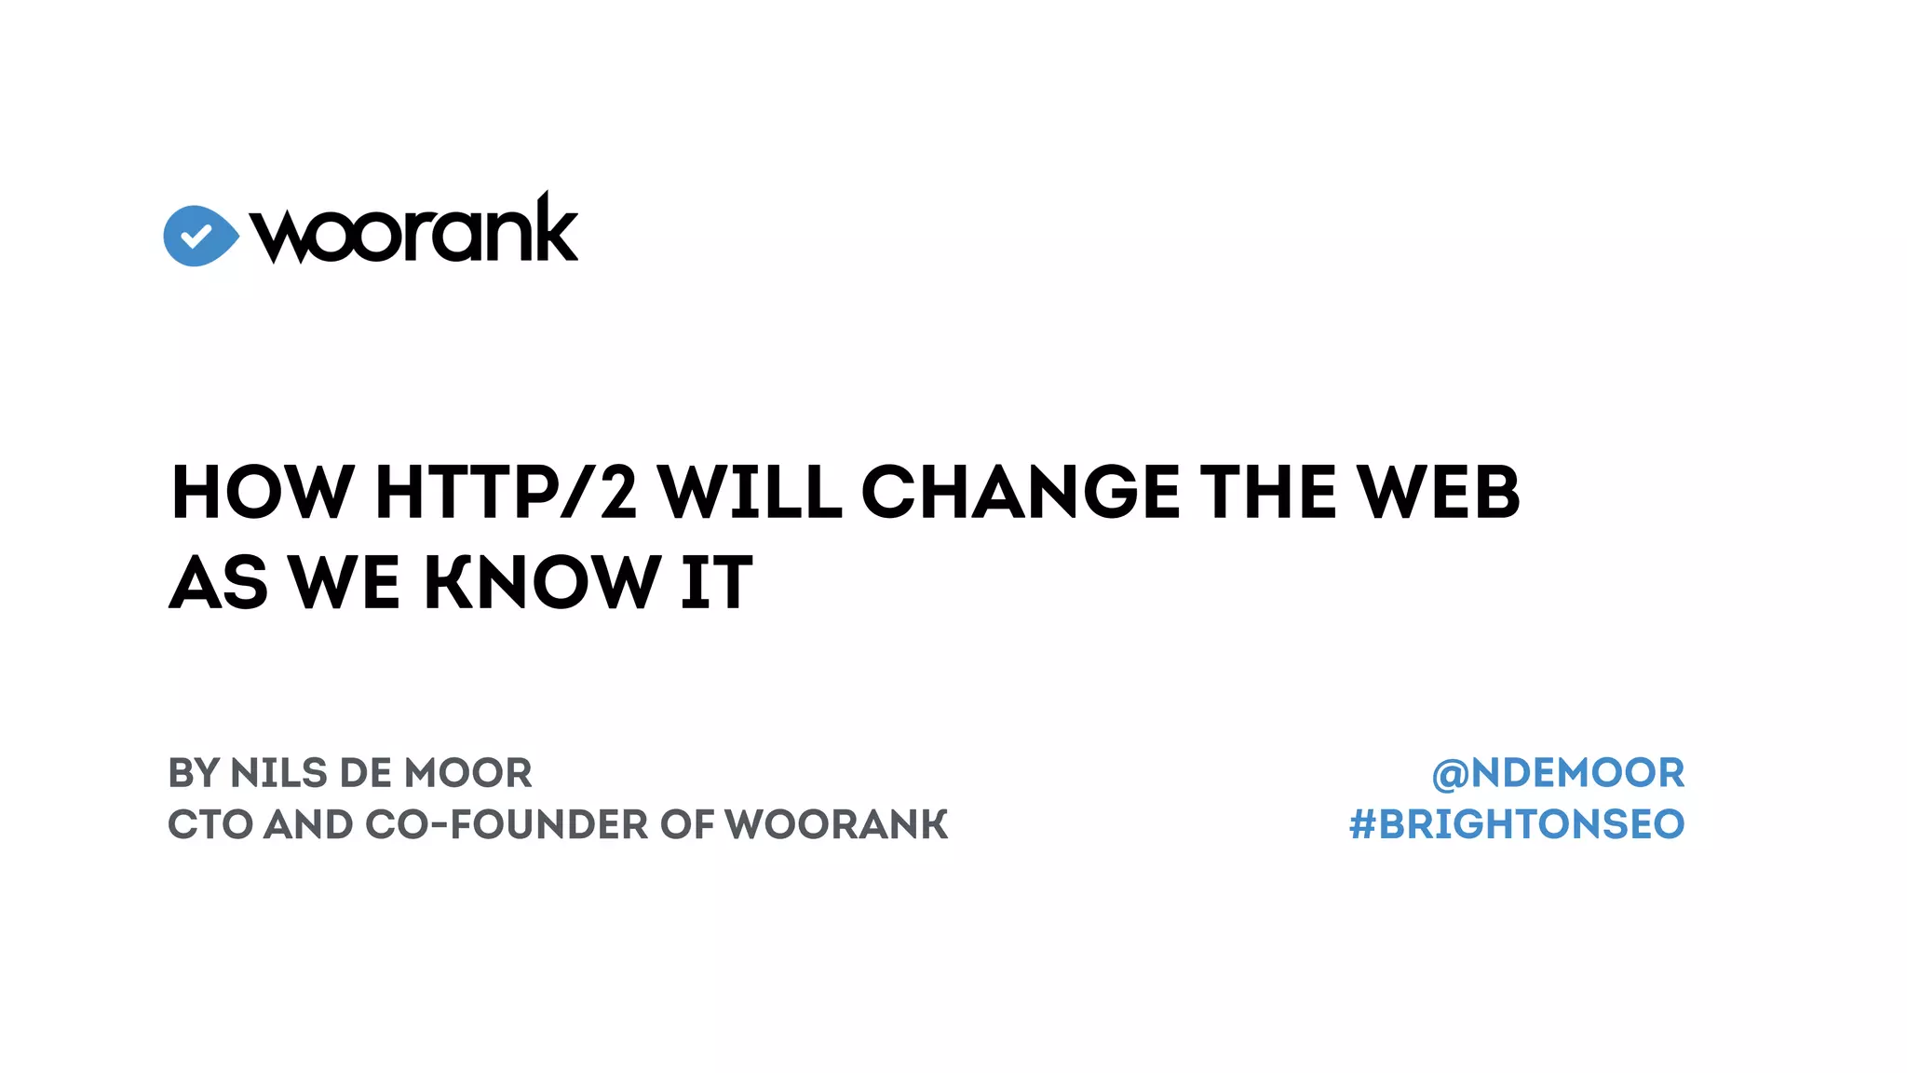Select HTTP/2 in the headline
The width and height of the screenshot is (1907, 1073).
[506, 492]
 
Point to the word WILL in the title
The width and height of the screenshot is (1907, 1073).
[750, 492]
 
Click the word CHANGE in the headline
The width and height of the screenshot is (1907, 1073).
[1021, 492]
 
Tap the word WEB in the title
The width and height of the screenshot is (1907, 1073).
[1438, 492]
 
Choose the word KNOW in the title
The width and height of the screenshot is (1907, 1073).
[543, 582]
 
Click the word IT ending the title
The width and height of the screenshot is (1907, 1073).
[716, 582]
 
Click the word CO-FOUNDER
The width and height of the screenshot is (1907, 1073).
[507, 824]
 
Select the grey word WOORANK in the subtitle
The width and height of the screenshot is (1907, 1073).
[836, 824]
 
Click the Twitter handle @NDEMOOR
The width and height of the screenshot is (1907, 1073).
[1558, 773]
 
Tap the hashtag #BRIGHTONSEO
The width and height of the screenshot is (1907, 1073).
[1517, 824]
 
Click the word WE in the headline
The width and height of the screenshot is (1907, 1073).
[345, 582]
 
